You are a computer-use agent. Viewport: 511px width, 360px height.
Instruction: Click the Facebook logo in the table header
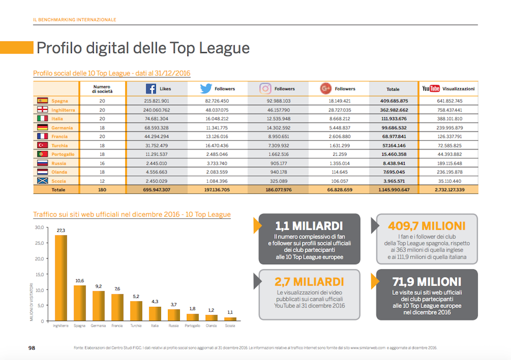click(151, 89)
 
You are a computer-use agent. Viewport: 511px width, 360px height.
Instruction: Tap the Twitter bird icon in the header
click(206, 89)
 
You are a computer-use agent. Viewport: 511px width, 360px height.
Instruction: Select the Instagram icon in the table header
click(265, 89)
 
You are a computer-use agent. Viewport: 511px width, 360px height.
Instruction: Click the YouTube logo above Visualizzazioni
click(431, 89)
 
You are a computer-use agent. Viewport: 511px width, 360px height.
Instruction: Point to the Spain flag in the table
click(43, 101)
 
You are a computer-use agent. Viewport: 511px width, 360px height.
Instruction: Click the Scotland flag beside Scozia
click(43, 181)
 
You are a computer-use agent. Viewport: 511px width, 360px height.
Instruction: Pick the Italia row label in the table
click(57, 119)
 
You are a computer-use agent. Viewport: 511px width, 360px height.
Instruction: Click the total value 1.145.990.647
click(393, 190)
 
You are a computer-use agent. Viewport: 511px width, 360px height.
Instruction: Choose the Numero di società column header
click(102, 89)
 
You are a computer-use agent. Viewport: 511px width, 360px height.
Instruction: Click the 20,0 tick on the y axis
click(40, 258)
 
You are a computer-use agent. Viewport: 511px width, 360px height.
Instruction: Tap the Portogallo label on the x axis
click(193, 326)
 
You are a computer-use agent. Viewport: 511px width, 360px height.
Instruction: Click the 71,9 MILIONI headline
click(427, 282)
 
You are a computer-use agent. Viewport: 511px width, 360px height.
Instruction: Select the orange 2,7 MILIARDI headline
click(309, 282)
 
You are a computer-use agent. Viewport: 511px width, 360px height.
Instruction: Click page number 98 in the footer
click(32, 347)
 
